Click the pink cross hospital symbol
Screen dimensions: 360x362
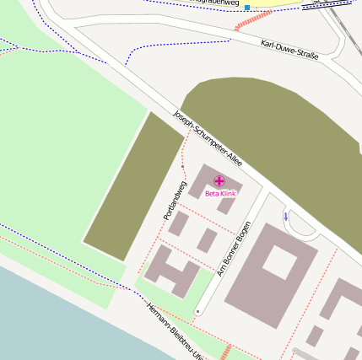(x=219, y=181)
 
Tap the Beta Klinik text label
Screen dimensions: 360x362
(x=220, y=194)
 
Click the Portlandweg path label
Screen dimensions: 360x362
(x=174, y=201)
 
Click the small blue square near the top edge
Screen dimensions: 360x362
(x=247, y=7)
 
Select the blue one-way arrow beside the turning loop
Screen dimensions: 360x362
(x=285, y=217)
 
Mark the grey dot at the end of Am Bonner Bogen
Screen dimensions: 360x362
(x=197, y=312)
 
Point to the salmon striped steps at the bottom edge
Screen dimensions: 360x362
(x=225, y=352)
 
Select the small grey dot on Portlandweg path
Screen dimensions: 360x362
(x=183, y=167)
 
